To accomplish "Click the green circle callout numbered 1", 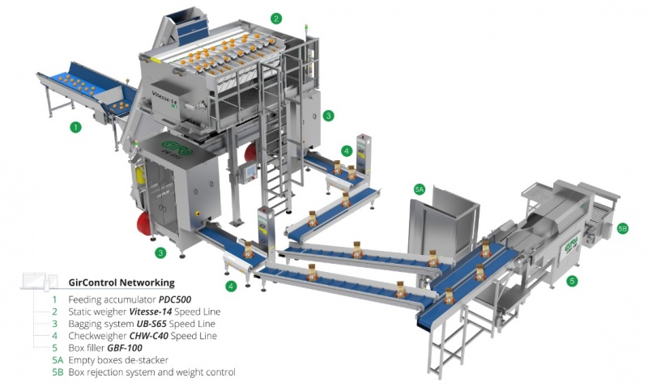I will [75, 127].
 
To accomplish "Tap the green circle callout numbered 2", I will [277, 17].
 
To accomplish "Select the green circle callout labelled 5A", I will [420, 188].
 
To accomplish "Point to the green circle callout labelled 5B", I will [622, 229].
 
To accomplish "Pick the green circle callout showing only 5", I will [573, 281].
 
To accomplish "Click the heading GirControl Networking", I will [122, 282].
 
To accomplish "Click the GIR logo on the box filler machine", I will [573, 243].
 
